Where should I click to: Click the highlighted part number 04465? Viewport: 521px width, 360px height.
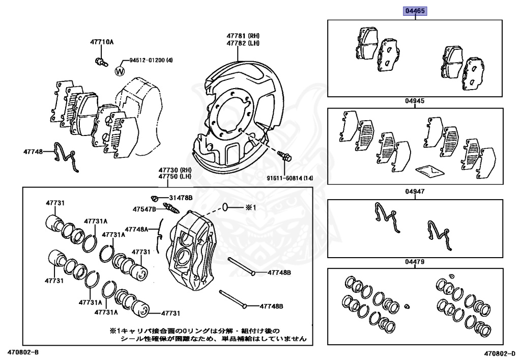click(415, 11)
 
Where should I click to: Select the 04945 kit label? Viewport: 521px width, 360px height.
click(415, 101)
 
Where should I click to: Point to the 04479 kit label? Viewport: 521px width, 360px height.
click(415, 262)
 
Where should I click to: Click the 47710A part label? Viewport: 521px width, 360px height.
click(102, 42)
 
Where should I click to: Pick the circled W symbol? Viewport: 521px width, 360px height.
click(120, 71)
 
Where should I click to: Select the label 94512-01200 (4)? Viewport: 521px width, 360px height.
click(151, 60)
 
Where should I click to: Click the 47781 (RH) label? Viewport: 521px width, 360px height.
click(243, 36)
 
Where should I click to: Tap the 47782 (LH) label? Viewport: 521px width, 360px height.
click(243, 44)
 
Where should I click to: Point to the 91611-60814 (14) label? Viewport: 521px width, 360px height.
click(291, 178)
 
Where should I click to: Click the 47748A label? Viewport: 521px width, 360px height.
click(136, 229)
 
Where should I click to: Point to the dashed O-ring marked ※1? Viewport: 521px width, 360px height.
click(226, 207)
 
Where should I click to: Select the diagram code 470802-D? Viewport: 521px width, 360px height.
click(501, 353)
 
